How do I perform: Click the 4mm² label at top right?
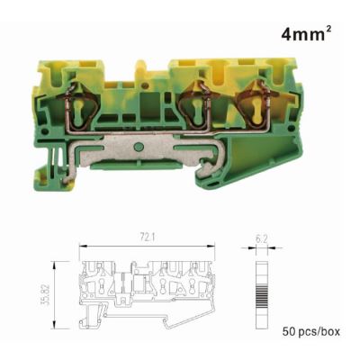(306, 34)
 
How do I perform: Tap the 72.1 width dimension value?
(147, 238)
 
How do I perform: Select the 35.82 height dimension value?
(44, 295)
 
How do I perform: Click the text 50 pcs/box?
(311, 331)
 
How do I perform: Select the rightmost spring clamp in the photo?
(255, 103)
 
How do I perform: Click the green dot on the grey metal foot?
(138, 147)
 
